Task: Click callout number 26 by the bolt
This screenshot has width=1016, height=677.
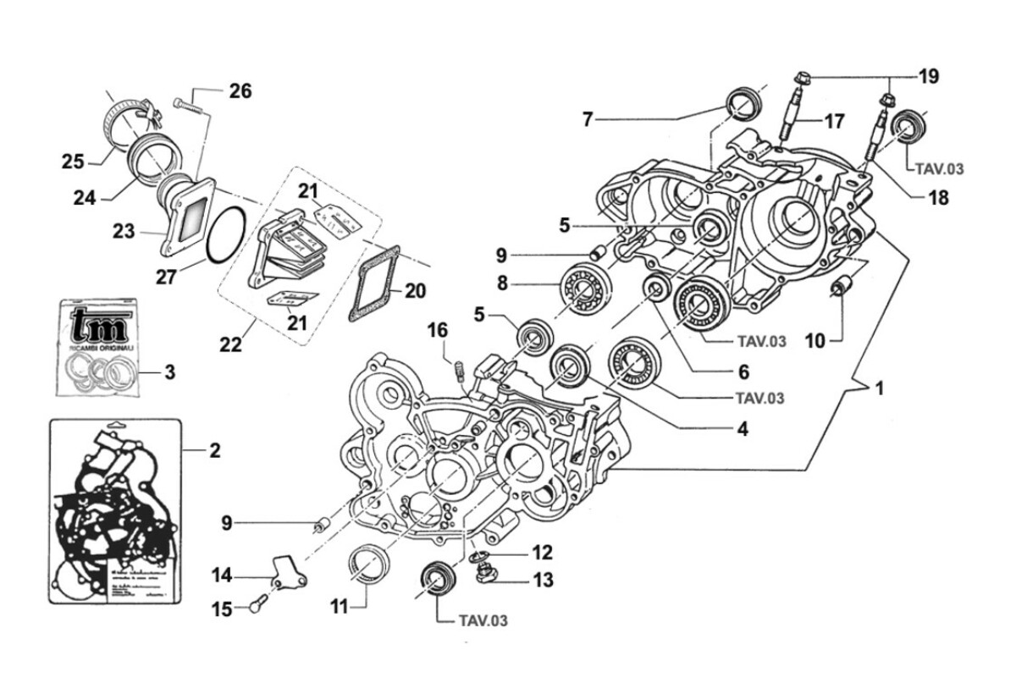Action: tap(240, 91)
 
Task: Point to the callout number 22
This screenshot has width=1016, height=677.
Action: tap(231, 344)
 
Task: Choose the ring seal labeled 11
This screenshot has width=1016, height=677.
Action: tap(370, 566)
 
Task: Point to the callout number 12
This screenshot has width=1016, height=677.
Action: tap(543, 553)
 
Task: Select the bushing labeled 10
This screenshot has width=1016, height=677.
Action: tap(840, 288)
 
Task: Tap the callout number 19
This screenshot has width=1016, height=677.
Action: tap(928, 77)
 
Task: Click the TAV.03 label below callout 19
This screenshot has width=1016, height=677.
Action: tap(939, 169)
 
